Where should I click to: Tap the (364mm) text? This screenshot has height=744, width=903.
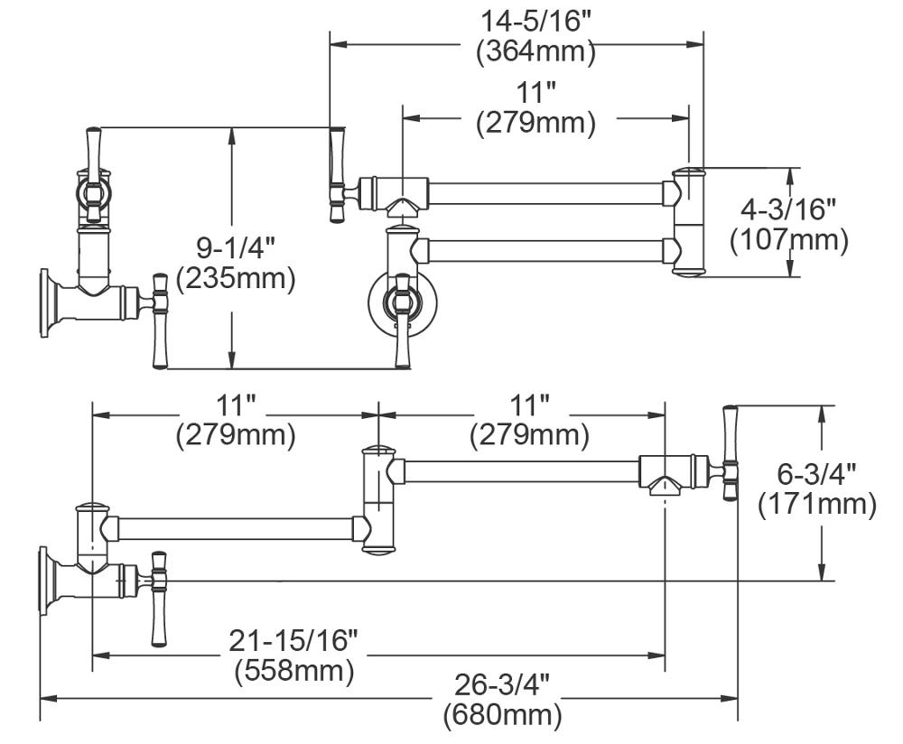pos(536,51)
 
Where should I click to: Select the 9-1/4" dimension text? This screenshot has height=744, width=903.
pos(235,246)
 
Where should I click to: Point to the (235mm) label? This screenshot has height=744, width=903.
pos(236,278)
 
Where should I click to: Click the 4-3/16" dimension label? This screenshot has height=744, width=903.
pos(788,209)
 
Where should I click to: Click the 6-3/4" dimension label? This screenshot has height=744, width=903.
pos(816,473)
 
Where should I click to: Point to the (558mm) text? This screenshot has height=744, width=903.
pos(294,671)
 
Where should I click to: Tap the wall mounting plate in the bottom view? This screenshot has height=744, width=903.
pos(45,581)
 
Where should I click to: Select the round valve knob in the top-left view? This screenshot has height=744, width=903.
pos(94,192)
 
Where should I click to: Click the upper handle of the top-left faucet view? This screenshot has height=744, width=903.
pos(93,149)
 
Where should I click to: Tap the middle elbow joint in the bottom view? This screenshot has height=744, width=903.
pos(377,498)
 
